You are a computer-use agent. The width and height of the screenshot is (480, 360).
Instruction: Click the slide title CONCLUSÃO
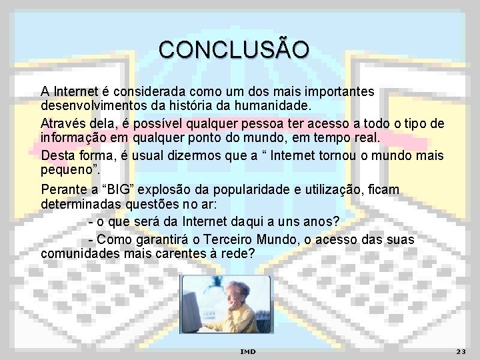pyautogui.click(x=234, y=50)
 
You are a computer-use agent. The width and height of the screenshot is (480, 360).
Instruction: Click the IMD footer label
pyautogui.click(x=247, y=351)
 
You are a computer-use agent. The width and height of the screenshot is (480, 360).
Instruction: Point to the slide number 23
pyautogui.click(x=460, y=351)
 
